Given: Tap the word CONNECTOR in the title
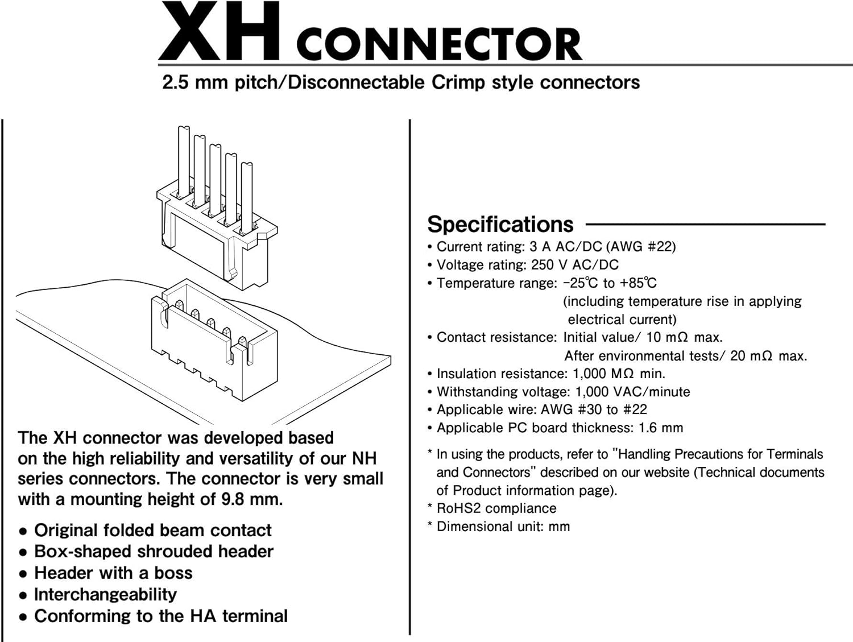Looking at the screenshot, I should tap(438, 44).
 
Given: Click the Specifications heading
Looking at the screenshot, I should tap(500, 225).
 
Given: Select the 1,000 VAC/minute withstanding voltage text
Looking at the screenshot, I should tap(632, 392).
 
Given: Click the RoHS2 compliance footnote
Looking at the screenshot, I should tap(496, 508).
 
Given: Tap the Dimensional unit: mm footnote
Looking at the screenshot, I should tap(503, 527).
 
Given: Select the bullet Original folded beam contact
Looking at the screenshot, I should tap(153, 531).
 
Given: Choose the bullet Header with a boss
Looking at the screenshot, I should tap(113, 573).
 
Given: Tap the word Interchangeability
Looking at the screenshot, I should tap(106, 594).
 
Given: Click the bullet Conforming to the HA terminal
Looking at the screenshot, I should tap(161, 616).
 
